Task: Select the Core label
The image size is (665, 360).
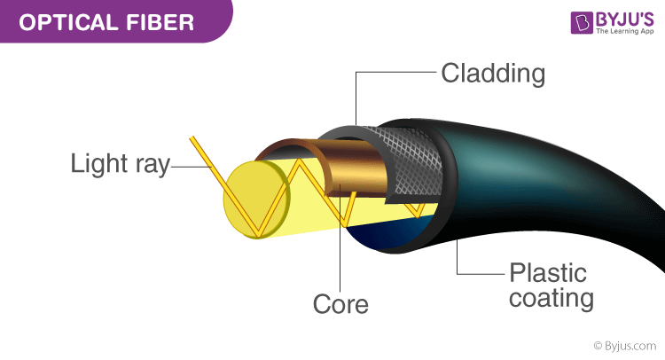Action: point(340,304)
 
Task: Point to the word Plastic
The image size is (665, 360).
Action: point(547,270)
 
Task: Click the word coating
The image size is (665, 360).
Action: point(551,297)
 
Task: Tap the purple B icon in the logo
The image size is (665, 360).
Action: point(559,24)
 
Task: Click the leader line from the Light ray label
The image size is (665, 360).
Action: point(186,165)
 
